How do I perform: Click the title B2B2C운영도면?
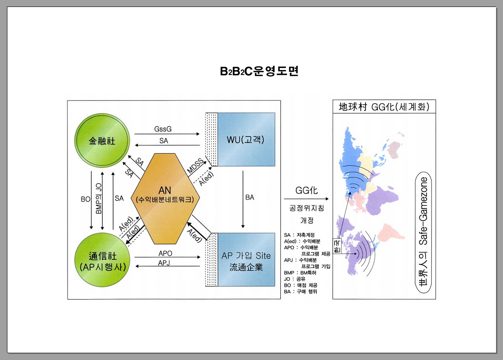[x=259, y=71]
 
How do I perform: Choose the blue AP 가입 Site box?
[x=246, y=260]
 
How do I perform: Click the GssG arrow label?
[x=163, y=129]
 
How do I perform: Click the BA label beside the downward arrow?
[x=250, y=198]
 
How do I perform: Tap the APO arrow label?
[x=165, y=253]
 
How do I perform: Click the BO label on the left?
[x=85, y=199]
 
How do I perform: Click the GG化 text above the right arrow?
[x=307, y=190]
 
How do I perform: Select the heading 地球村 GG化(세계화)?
[x=383, y=107]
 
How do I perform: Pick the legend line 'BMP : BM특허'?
[x=300, y=273]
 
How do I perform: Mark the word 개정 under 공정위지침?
[x=307, y=220]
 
